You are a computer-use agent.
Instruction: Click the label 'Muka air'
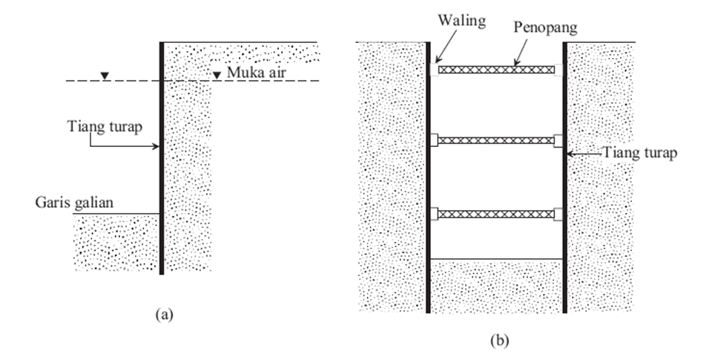[256, 72]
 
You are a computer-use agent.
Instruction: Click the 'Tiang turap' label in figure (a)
[105, 126]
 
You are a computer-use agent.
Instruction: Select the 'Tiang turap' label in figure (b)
[639, 152]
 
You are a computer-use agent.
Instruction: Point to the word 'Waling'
[461, 20]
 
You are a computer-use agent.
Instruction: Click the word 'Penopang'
[545, 27]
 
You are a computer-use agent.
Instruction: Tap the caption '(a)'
[165, 315]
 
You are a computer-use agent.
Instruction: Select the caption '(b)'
[500, 340]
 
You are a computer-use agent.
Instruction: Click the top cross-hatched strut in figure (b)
[496, 70]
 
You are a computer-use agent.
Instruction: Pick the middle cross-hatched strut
[496, 140]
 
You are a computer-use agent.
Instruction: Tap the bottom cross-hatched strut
[496, 214]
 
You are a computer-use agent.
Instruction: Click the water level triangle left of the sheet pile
[105, 76]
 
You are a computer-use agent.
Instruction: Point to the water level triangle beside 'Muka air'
[217, 75]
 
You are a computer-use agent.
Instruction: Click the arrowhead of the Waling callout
[438, 60]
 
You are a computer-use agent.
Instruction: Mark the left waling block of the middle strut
[434, 140]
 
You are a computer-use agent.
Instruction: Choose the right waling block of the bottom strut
[559, 214]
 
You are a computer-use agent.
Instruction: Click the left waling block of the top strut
[434, 70]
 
